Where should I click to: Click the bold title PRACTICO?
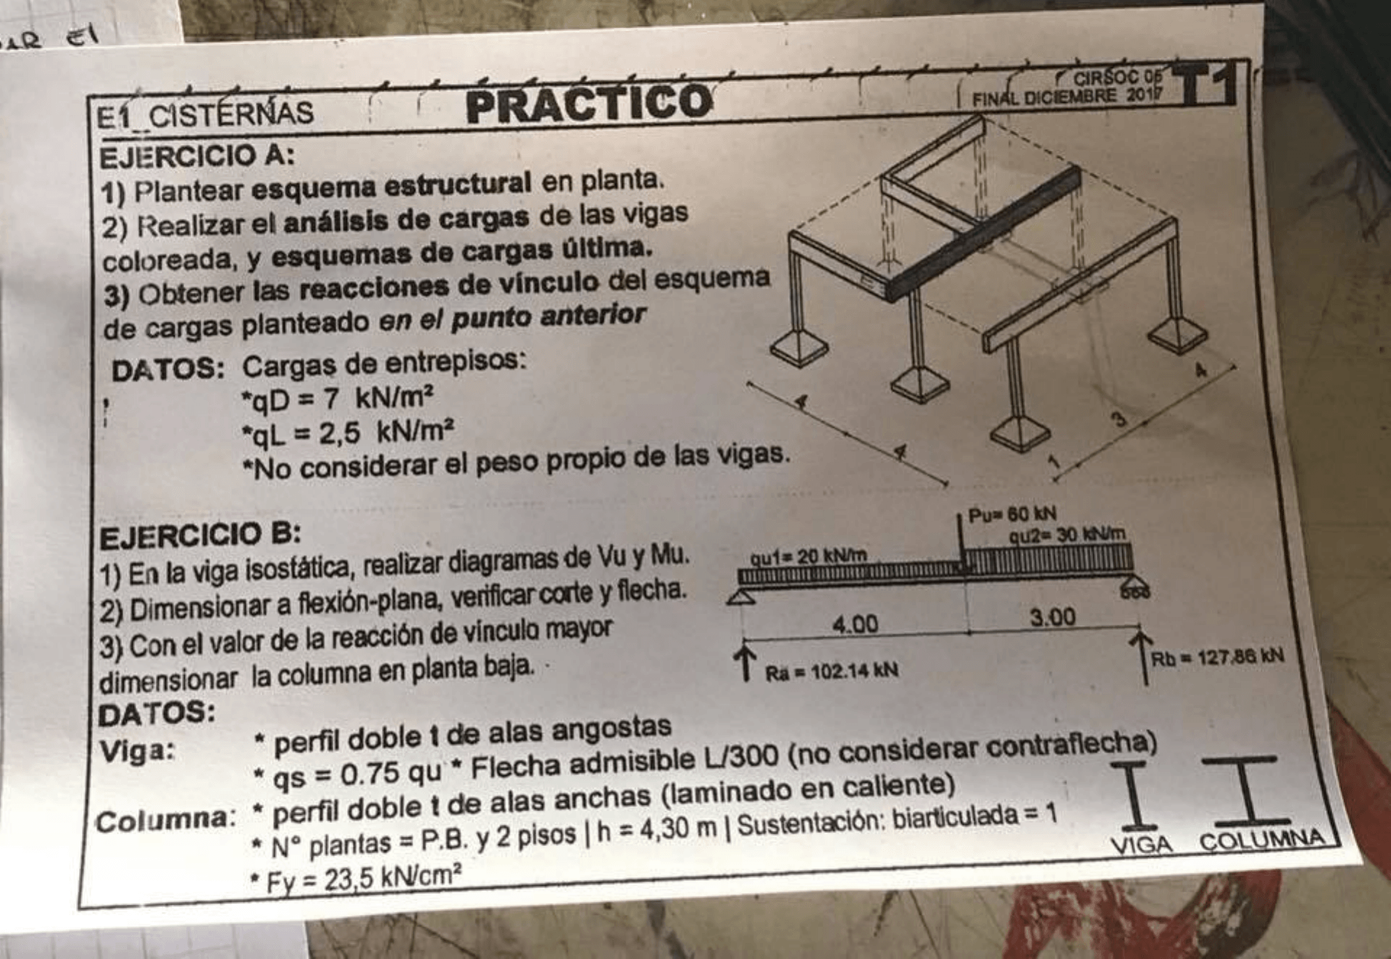(x=589, y=102)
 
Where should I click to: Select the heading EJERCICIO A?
(x=197, y=156)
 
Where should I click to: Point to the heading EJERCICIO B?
(x=200, y=536)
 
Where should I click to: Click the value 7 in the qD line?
(x=331, y=398)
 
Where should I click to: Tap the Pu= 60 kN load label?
(x=1012, y=515)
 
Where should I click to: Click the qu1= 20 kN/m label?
(x=808, y=557)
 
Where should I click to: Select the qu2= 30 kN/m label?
(x=1067, y=535)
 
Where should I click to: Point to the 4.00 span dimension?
(x=855, y=624)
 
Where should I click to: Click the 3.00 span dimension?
(x=1053, y=617)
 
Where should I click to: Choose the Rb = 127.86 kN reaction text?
(x=1217, y=658)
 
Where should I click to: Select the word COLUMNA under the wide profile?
(x=1261, y=840)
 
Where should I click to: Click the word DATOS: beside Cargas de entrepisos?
(x=168, y=370)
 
